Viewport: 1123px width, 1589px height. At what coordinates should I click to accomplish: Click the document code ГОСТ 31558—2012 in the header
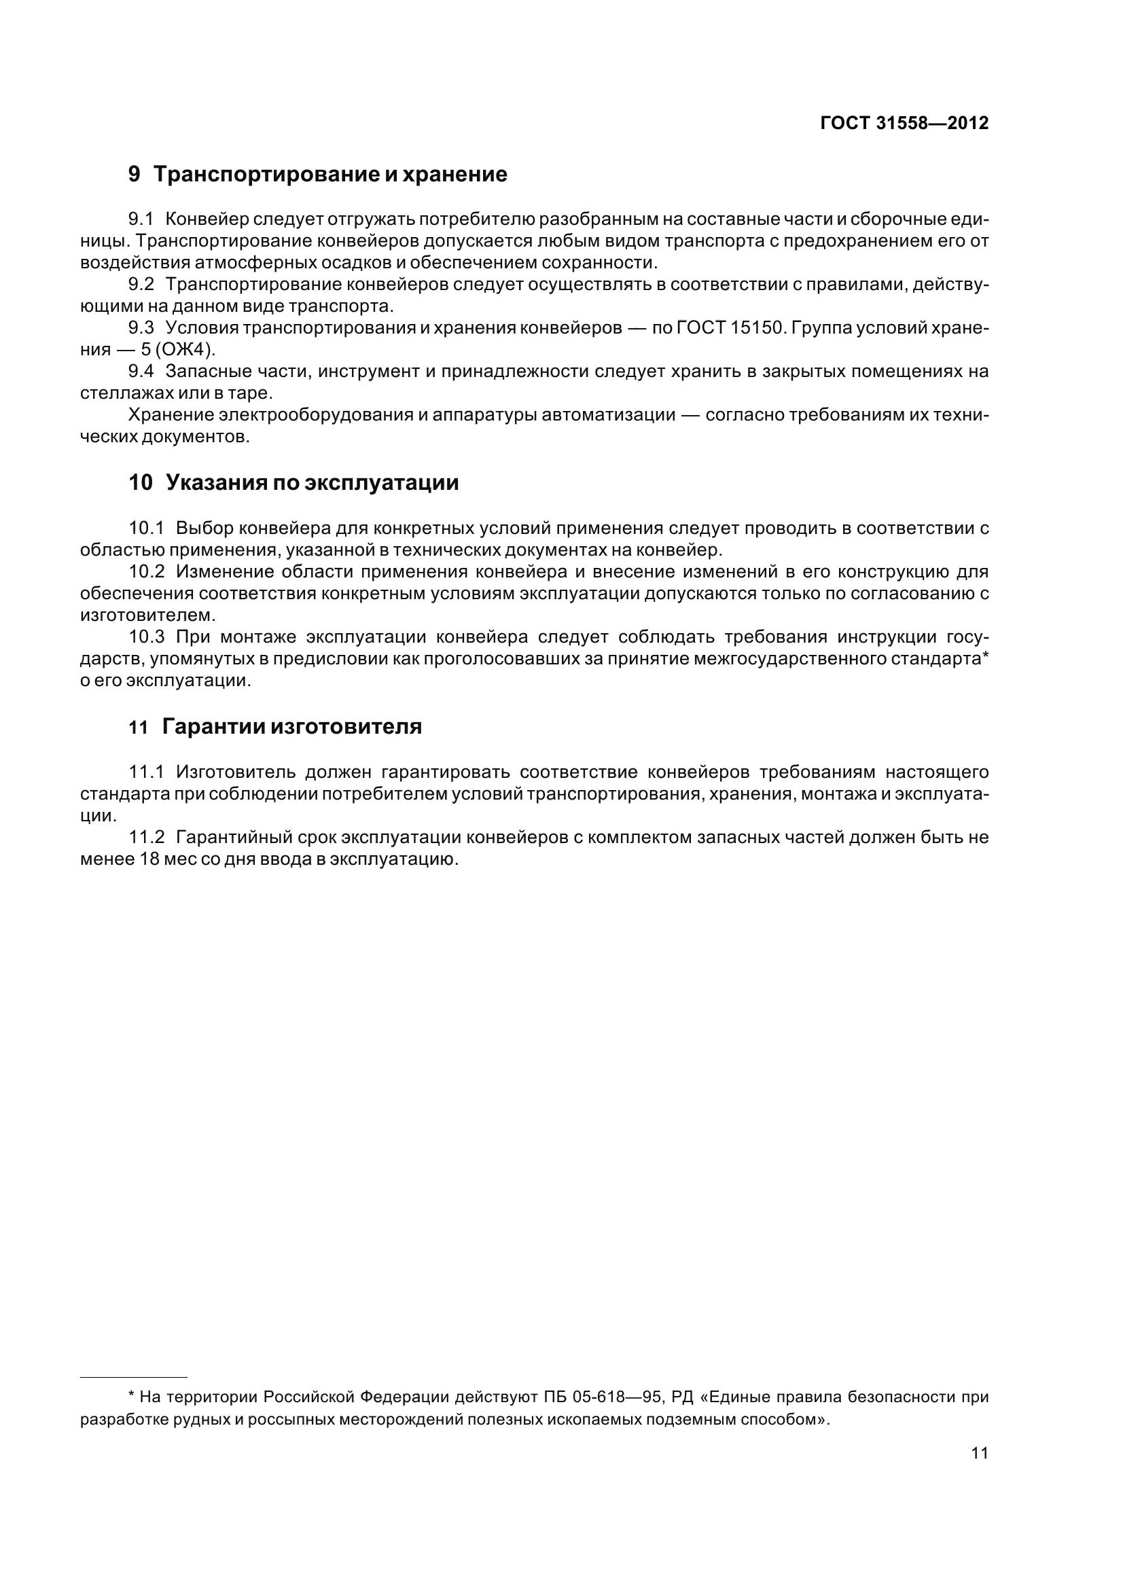(x=904, y=123)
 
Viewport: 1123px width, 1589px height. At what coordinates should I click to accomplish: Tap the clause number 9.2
(x=141, y=285)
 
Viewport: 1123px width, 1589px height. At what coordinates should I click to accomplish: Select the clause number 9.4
(x=141, y=371)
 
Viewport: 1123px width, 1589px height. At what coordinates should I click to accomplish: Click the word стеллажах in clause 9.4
(x=126, y=393)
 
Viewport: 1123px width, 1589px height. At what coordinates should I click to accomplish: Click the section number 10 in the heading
(x=141, y=482)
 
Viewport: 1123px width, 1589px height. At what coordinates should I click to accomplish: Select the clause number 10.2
(x=147, y=571)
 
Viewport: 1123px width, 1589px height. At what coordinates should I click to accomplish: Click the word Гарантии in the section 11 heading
(x=213, y=727)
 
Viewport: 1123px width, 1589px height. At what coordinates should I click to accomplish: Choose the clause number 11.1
(x=147, y=772)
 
